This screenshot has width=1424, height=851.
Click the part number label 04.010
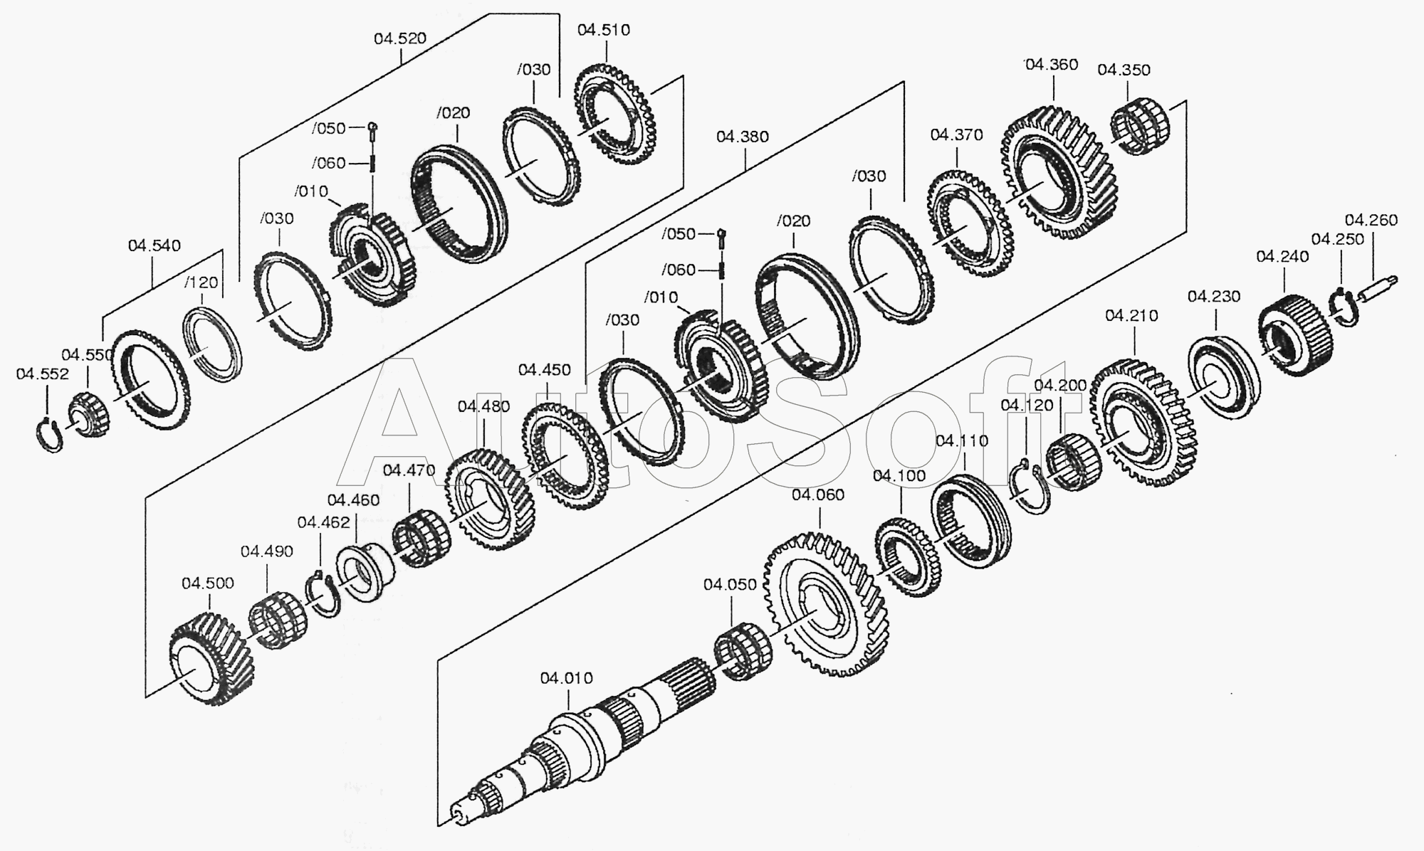566,678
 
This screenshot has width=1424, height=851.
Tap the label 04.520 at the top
400,38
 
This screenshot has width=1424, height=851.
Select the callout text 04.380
743,137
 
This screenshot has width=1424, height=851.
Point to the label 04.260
1371,220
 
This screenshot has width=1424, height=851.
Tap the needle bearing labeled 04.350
1141,128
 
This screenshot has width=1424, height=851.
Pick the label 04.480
483,406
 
